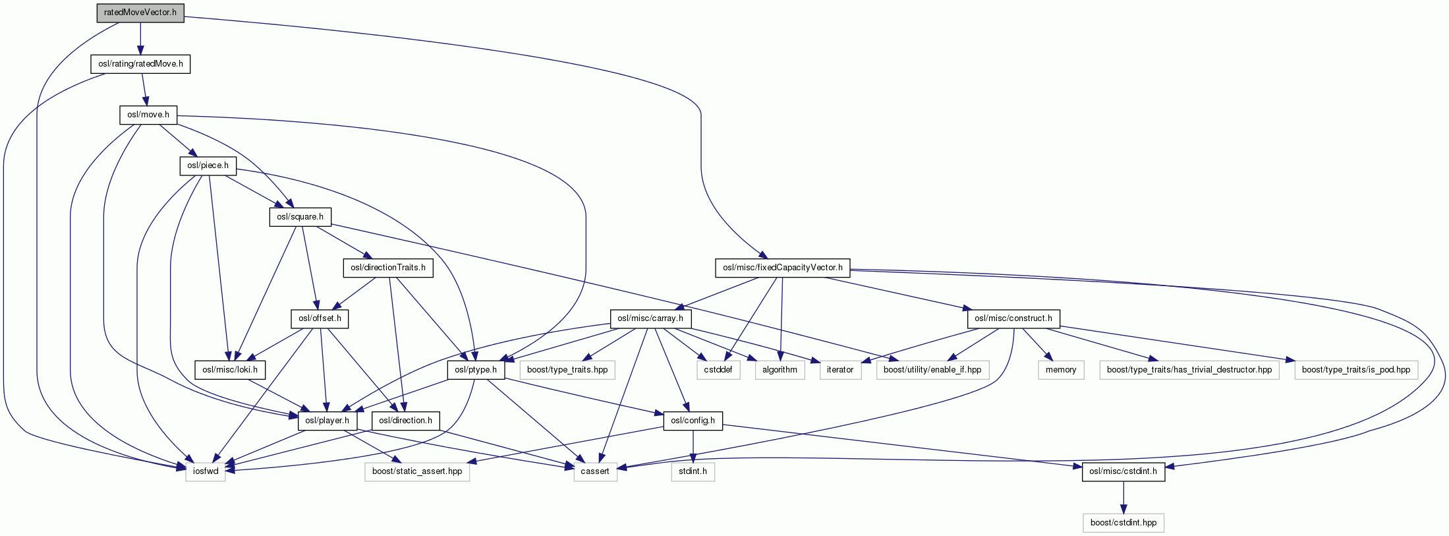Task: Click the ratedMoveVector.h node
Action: point(140,13)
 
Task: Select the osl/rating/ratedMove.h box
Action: point(140,64)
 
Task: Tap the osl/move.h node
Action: point(148,115)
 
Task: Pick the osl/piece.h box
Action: point(208,165)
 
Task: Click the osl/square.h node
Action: point(300,217)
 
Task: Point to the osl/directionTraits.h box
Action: point(388,268)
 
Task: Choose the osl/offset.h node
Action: point(320,319)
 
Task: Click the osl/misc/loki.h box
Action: point(230,370)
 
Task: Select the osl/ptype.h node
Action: point(476,370)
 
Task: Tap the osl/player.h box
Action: point(327,421)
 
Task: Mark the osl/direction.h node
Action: point(406,421)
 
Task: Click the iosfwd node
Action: point(206,471)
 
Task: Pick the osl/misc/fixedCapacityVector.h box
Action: point(783,268)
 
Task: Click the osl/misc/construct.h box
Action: point(1013,319)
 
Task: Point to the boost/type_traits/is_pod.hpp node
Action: point(1356,370)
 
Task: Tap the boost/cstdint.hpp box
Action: point(1123,523)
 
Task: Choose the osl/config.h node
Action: point(693,421)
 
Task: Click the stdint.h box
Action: point(693,471)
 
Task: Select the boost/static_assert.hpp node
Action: point(417,471)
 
